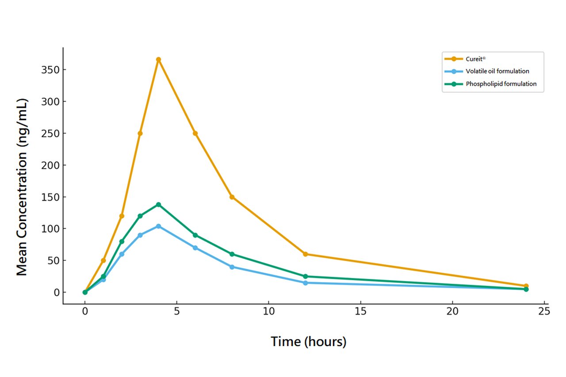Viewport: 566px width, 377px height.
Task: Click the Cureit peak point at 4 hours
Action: pyautogui.click(x=158, y=60)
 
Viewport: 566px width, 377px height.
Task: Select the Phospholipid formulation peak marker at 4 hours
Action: pyautogui.click(x=158, y=205)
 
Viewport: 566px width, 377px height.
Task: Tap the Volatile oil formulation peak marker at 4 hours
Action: pyautogui.click(x=158, y=226)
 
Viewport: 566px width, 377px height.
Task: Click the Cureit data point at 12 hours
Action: pyautogui.click(x=306, y=254)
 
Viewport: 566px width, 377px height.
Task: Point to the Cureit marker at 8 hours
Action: pyautogui.click(x=232, y=197)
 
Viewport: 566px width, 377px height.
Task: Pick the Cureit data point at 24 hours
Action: pyautogui.click(x=526, y=286)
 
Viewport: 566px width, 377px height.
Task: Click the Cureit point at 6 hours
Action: pyautogui.click(x=195, y=133)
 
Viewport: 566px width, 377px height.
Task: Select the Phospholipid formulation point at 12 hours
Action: pyautogui.click(x=306, y=276)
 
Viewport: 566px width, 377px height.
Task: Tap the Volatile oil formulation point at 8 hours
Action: pyautogui.click(x=232, y=267)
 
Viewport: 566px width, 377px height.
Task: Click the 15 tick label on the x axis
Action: pyautogui.click(x=360, y=312)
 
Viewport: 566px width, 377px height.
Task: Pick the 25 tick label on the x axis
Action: pyautogui.click(x=544, y=312)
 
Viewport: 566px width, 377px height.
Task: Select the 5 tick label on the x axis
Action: pyautogui.click(x=177, y=312)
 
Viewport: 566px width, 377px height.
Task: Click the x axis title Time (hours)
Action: pyautogui.click(x=309, y=342)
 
